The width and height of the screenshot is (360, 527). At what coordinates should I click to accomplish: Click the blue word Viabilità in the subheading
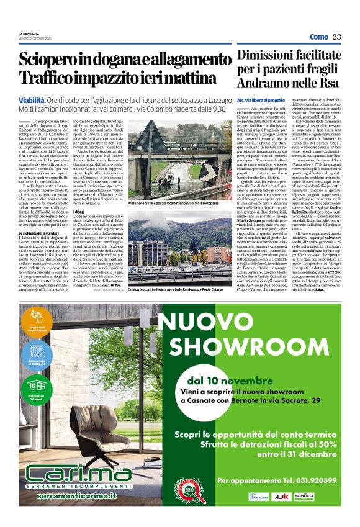click(x=32, y=99)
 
